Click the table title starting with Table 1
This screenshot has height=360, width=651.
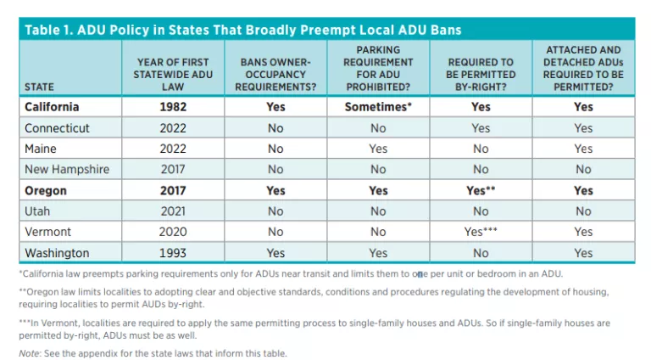243,30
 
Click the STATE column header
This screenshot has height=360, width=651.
39,86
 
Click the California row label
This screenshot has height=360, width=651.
52,107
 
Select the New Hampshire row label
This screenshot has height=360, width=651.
67,169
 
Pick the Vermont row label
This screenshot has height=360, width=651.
49,232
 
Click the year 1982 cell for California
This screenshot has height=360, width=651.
173,107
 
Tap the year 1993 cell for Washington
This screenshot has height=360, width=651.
173,253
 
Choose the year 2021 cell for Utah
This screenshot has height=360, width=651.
173,211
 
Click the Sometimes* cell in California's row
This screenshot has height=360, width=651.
378,107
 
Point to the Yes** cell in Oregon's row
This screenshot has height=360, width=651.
481,190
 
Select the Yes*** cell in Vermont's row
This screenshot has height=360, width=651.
481,232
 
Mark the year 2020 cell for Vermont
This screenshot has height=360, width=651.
173,232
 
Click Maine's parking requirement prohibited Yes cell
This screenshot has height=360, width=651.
378,149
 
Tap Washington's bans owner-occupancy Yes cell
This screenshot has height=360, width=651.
275,253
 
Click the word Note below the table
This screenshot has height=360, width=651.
28,353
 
